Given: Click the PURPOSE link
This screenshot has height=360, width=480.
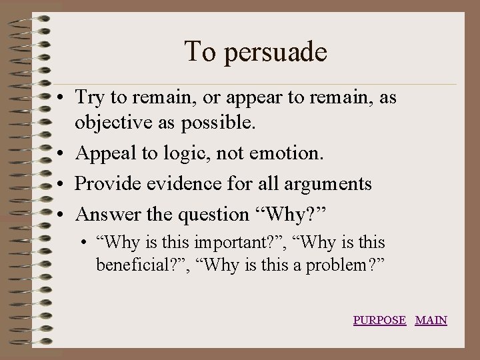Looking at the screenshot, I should pyautogui.click(x=379, y=320).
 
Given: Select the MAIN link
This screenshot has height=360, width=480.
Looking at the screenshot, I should pyautogui.click(x=431, y=320).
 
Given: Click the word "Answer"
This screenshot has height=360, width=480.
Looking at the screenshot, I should pyautogui.click(x=107, y=214).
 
